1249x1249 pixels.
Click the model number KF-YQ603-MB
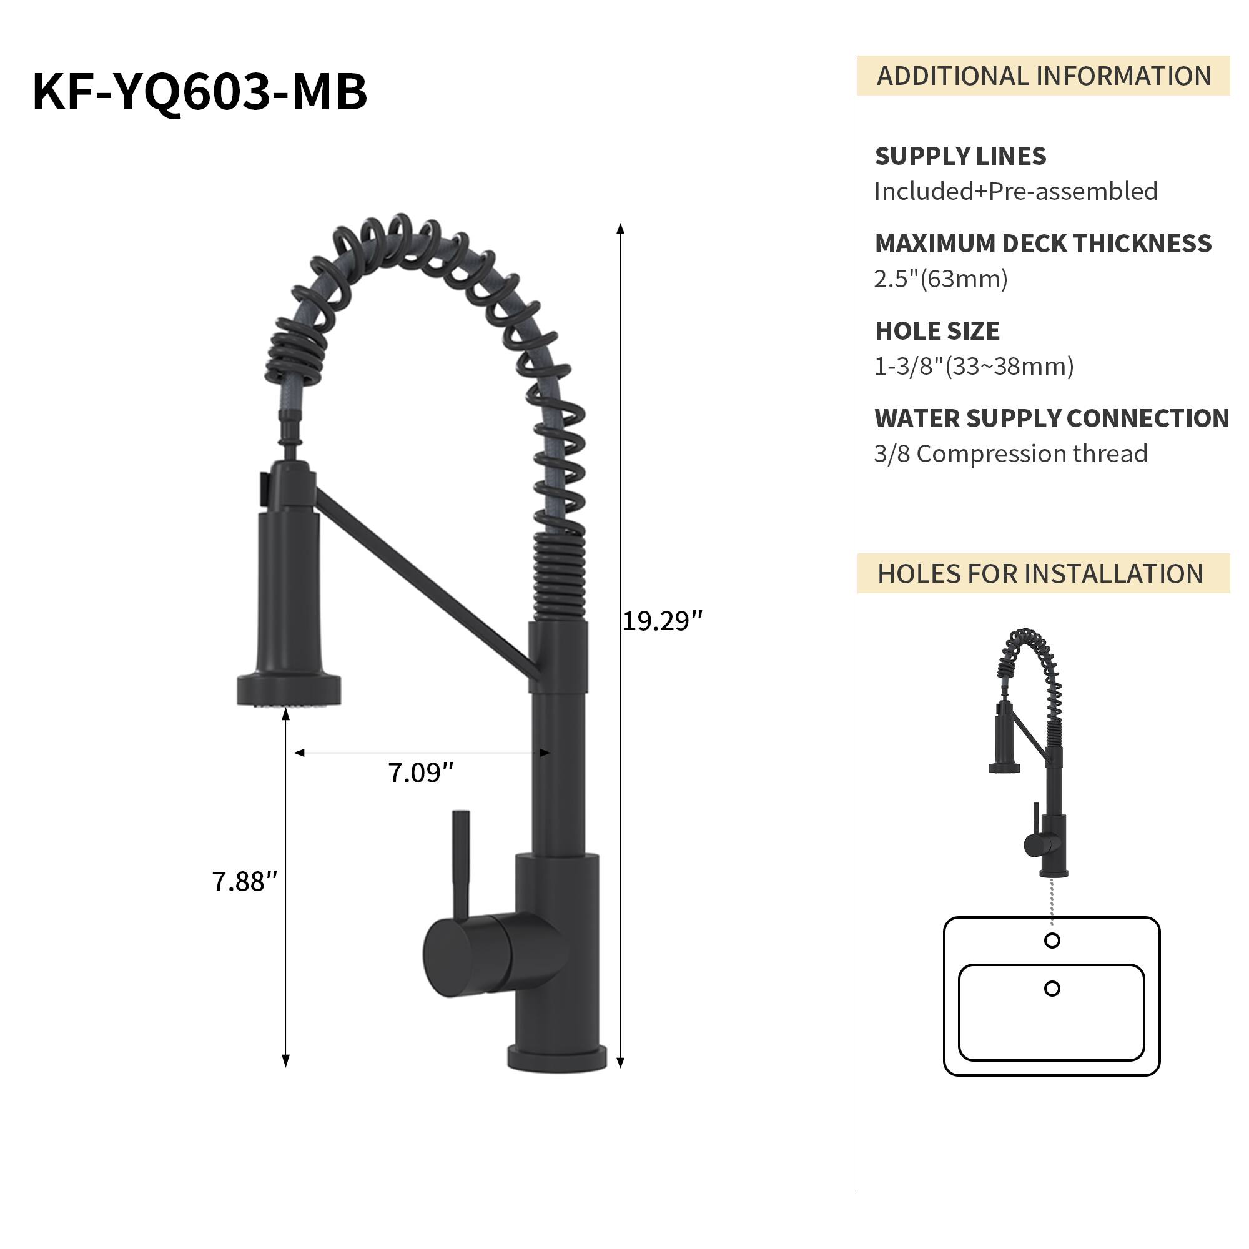click(199, 92)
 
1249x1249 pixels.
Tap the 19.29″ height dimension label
click(661, 621)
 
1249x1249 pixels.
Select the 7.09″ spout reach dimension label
click(420, 773)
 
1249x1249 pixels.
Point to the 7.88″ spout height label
click(244, 881)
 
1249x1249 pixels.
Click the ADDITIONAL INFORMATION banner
click(1043, 76)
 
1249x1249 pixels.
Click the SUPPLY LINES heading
click(960, 156)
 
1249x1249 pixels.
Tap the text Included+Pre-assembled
click(1015, 191)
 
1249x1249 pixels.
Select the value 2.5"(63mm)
click(940, 279)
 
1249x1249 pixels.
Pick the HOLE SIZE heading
click(937, 331)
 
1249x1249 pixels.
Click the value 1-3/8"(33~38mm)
click(974, 367)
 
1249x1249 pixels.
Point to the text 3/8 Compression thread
click(1010, 454)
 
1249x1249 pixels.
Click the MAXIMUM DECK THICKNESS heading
click(1042, 244)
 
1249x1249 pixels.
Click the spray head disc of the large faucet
click(289, 690)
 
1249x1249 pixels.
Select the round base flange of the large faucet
click(556, 1059)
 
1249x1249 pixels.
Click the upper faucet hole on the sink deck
click(1052, 940)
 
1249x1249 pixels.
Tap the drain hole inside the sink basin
click(1052, 989)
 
